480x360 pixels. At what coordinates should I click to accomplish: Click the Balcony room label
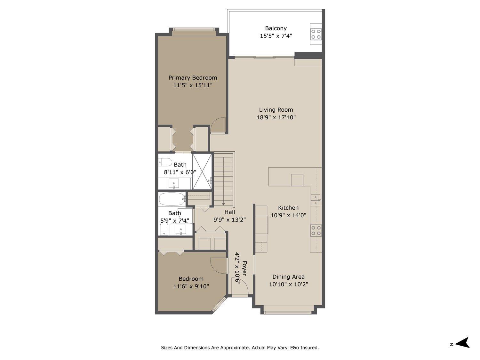[276, 28]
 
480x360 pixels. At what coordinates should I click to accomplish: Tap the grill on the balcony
[316, 34]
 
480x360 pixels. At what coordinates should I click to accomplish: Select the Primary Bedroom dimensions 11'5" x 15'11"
[193, 85]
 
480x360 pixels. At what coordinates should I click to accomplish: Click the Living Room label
[276, 110]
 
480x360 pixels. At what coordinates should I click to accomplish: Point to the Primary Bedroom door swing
[218, 125]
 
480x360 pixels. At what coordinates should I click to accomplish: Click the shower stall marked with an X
[202, 172]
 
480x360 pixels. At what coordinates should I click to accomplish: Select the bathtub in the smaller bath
[172, 199]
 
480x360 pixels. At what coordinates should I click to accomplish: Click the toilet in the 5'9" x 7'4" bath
[164, 229]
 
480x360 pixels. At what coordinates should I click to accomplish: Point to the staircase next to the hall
[224, 179]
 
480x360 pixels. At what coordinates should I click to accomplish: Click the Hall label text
[229, 212]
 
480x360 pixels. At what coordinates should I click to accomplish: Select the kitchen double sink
[316, 200]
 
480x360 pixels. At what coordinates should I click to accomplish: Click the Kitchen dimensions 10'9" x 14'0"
[288, 215]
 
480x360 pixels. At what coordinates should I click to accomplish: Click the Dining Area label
[288, 277]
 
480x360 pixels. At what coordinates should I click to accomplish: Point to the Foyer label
[244, 268]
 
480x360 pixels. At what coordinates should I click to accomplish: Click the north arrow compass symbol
[462, 343]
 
